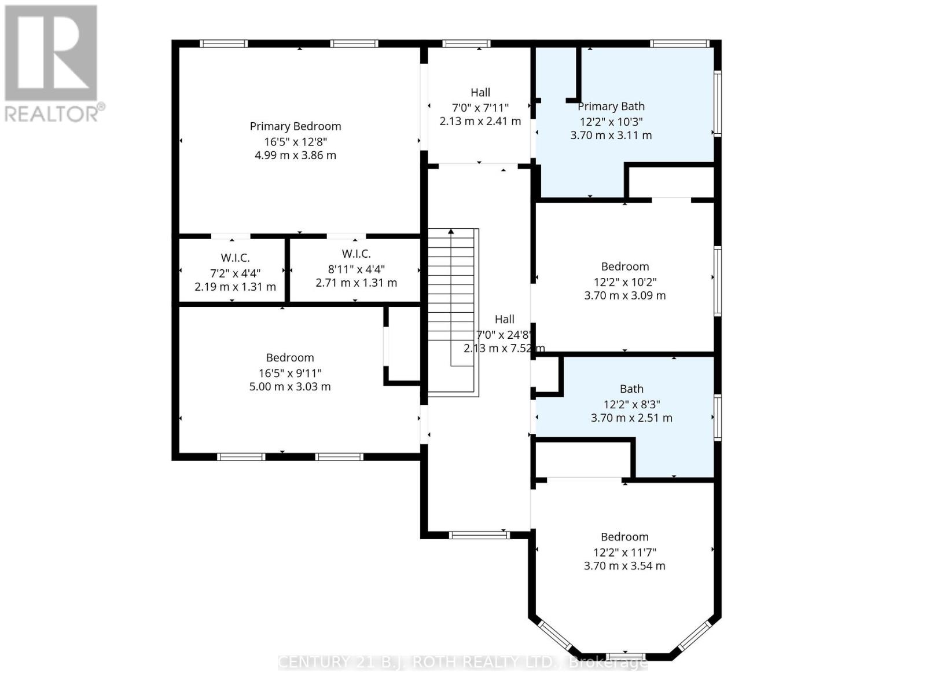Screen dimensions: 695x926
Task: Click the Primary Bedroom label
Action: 295,126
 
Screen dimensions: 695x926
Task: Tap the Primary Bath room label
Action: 611,107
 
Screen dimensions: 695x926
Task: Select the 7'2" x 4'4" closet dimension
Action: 235,273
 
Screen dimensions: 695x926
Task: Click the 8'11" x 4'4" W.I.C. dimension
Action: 356,269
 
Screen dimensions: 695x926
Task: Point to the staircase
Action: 453,313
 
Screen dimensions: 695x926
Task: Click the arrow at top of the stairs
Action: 451,232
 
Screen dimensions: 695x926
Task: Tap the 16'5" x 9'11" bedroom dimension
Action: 290,373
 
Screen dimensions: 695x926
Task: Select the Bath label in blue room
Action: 631,389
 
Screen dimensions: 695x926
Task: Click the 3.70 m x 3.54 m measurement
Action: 624,566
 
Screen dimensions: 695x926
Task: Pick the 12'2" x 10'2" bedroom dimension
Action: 625,282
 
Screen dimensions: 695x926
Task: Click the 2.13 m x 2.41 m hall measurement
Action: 480,122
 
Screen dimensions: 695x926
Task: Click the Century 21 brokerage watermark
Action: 463,663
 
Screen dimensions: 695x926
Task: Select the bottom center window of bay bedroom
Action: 625,656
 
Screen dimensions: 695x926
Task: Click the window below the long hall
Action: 479,535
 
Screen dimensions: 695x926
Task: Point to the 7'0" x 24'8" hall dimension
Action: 504,335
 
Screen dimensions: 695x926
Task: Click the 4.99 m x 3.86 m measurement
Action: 295,155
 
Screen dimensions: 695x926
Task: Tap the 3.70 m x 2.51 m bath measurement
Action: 631,418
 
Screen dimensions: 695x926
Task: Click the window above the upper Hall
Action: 466,43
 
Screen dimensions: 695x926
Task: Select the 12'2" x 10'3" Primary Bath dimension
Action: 611,122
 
